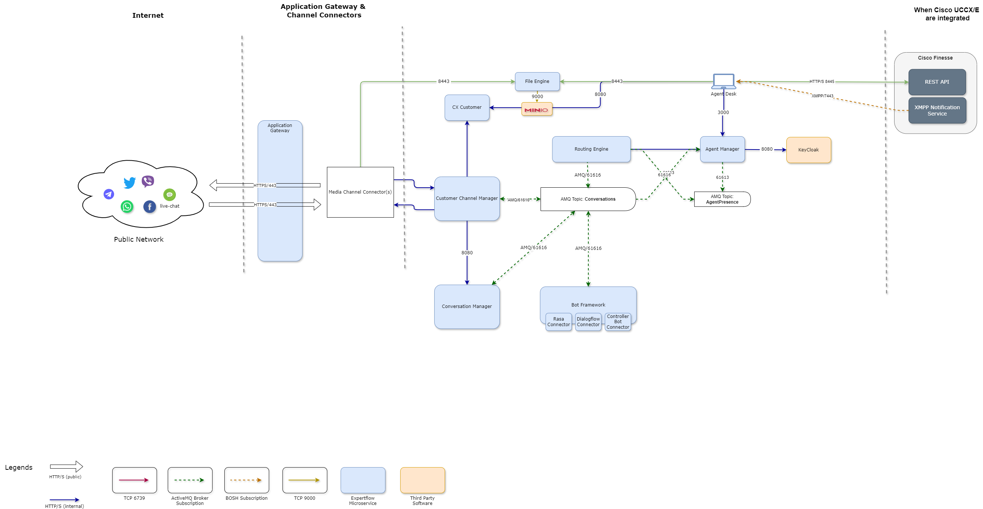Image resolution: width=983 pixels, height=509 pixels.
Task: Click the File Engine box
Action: point(537,81)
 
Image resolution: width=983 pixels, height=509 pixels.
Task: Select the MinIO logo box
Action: point(536,110)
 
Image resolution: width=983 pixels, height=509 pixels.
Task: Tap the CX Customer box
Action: point(467,107)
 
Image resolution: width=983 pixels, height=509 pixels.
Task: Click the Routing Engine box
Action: point(591,149)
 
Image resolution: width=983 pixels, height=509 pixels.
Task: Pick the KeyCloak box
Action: point(808,150)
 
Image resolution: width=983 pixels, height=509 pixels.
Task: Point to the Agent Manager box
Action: point(722,149)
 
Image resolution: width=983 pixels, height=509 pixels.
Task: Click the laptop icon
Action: point(723,81)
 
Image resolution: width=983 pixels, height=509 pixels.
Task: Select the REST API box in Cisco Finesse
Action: point(937,82)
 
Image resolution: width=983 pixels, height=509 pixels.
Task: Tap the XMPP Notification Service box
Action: point(937,111)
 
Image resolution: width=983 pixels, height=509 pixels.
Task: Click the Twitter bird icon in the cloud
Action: point(130,182)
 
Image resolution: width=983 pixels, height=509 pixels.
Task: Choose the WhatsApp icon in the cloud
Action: point(127,207)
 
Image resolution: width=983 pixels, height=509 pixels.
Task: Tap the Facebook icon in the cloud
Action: point(150,207)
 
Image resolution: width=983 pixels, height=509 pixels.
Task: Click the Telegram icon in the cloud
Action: point(109,194)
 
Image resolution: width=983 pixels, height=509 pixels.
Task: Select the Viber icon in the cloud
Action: point(148,181)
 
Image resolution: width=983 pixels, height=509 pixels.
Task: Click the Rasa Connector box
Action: point(558,322)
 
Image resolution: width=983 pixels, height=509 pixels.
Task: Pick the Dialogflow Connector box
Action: point(588,322)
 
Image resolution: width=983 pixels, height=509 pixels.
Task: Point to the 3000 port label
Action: point(723,113)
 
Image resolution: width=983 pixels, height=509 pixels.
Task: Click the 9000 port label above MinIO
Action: point(537,97)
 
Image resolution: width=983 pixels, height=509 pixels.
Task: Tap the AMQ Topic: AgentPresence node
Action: point(722,199)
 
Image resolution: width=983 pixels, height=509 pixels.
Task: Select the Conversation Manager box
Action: point(467,307)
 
